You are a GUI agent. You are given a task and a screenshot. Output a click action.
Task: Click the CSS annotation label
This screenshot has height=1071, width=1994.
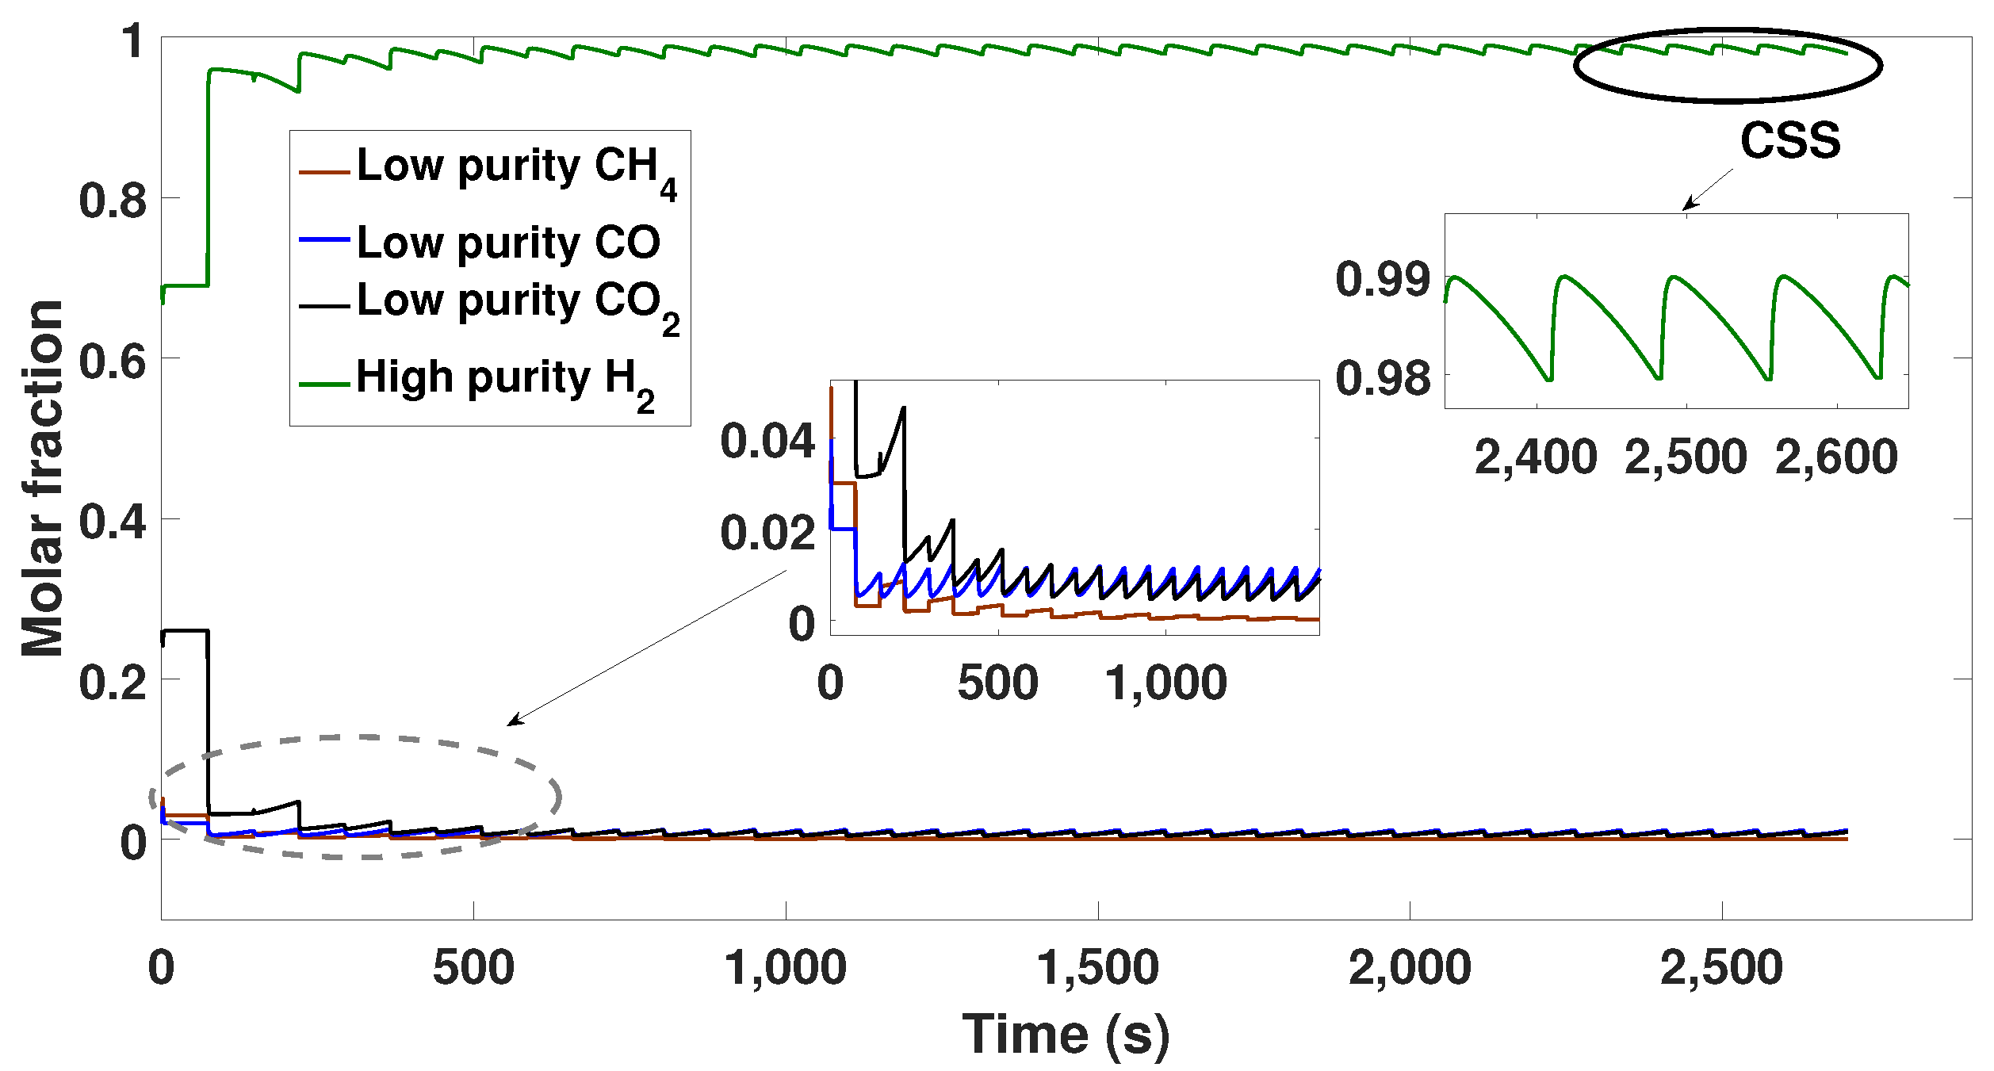tap(1789, 141)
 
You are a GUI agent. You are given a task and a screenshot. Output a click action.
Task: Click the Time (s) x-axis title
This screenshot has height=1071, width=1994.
tap(1065, 1035)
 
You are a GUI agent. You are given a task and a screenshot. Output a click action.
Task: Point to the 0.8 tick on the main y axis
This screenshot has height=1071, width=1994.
tap(113, 200)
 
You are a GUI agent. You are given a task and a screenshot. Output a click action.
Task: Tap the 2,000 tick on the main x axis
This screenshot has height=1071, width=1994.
tap(1409, 968)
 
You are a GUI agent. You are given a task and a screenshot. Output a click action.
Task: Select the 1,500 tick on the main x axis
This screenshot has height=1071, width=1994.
tap(1097, 968)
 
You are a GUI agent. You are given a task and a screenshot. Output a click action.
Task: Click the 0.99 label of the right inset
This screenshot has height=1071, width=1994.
tap(1383, 279)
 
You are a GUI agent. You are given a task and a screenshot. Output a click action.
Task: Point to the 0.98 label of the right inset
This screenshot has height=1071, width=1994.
tap(1383, 378)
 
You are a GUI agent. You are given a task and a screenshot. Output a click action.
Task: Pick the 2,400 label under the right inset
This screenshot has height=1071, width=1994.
tap(1535, 457)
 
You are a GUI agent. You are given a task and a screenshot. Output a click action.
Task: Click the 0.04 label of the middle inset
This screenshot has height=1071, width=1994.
tap(767, 441)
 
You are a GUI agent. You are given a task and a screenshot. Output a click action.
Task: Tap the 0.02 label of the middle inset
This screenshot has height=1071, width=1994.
tap(767, 533)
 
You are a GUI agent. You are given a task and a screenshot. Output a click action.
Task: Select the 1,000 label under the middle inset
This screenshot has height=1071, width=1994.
tap(1165, 683)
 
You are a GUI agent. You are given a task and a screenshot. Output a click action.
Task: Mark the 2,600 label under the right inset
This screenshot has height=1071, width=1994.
tap(1836, 457)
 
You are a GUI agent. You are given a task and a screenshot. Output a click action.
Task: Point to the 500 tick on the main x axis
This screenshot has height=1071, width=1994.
tap(473, 968)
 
